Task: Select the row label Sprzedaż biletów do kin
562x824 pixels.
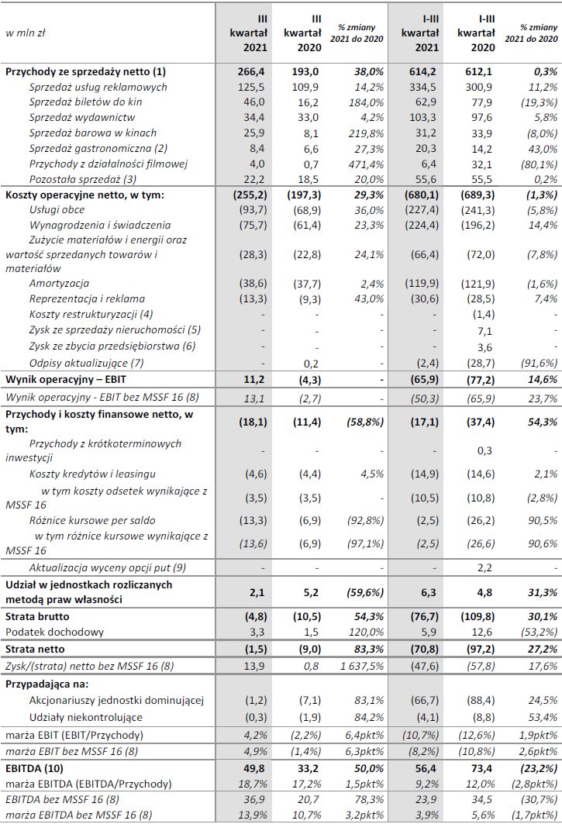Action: click(85, 102)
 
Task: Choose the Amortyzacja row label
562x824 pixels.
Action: click(59, 284)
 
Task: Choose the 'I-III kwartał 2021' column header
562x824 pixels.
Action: click(421, 33)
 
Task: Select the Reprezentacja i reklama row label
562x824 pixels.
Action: click(87, 298)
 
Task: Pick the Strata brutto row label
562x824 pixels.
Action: click(37, 616)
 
